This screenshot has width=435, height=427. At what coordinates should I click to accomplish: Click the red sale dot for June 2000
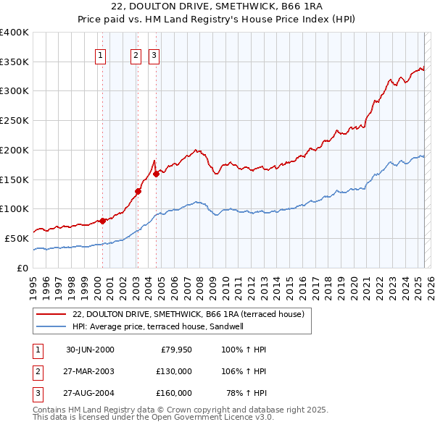coord(103,221)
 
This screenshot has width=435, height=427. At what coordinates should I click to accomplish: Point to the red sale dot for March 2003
coord(138,191)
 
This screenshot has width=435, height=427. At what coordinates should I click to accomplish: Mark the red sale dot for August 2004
coord(156,174)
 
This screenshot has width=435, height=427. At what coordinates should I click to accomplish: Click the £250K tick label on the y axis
coord(14,120)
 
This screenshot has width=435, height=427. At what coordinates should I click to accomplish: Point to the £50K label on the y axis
coord(17,238)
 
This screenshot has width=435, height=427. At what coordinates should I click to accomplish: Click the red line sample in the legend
coord(51,314)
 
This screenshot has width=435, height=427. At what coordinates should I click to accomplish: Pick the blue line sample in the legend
coord(51,326)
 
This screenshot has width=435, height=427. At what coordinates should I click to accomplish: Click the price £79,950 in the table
coord(175,350)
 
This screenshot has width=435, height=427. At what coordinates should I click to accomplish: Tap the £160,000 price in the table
coord(174,394)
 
